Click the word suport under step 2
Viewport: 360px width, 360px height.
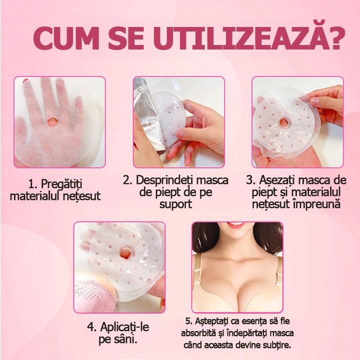coord(175,205)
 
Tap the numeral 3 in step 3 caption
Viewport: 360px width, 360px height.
coord(249,180)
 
